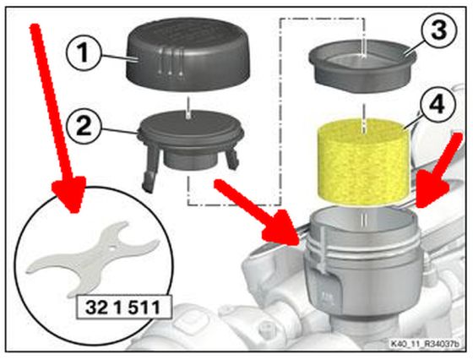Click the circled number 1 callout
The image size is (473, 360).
84,52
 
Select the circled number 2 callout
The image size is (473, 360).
84,126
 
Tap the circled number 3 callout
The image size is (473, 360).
439,30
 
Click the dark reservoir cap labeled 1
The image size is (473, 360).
188,57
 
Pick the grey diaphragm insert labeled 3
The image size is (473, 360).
362,65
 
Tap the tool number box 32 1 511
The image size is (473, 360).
123,308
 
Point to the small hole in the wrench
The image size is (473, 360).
111,250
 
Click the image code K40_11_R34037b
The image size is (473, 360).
425,344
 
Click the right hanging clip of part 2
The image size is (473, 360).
231,156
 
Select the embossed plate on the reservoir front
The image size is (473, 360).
328,291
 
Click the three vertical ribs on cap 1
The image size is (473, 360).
170,63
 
